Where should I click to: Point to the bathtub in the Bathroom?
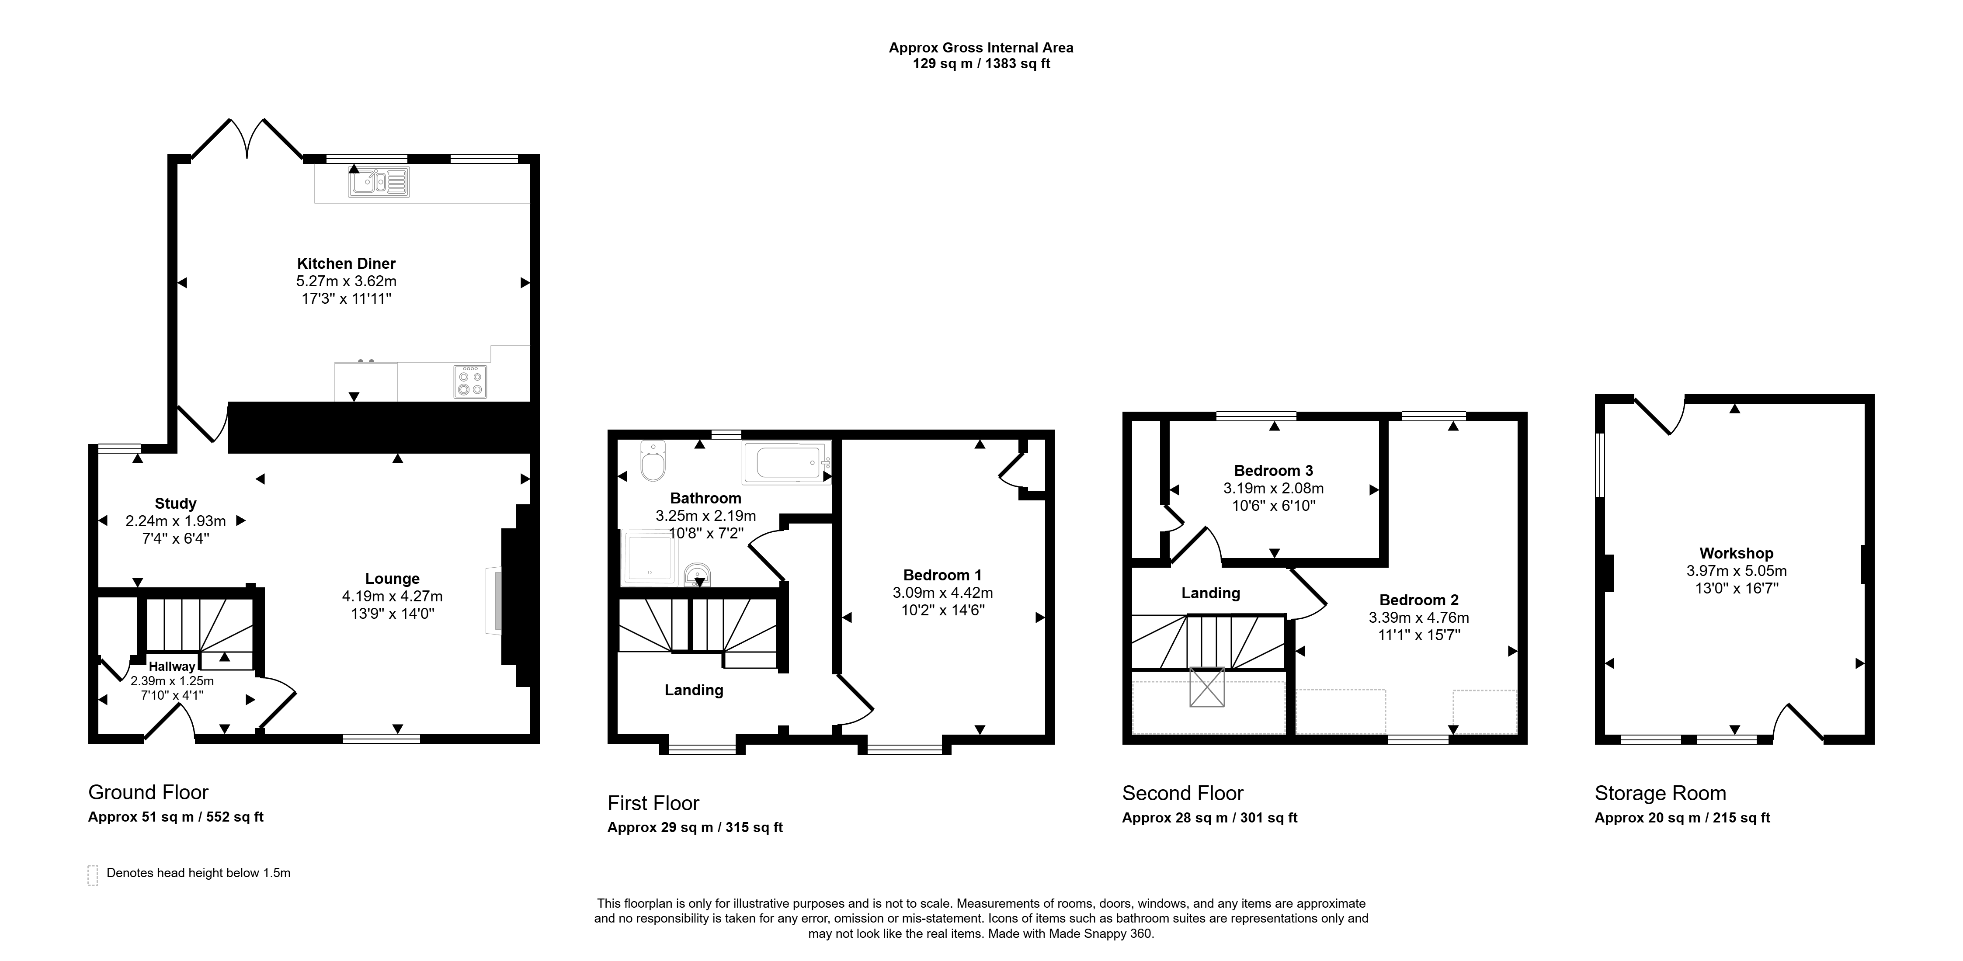[x=786, y=463]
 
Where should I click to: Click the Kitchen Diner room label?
[x=346, y=264]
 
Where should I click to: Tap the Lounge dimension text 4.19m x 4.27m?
[x=393, y=596]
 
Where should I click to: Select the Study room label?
[x=176, y=504]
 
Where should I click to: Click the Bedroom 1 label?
[x=943, y=576]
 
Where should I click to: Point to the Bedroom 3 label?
[x=1273, y=471]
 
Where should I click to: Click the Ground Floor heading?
[x=149, y=793]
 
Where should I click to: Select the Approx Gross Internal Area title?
[x=982, y=47]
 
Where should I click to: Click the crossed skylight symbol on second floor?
[x=1207, y=687]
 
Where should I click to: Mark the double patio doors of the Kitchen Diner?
[x=247, y=139]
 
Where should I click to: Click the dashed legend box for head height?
[x=93, y=875]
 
